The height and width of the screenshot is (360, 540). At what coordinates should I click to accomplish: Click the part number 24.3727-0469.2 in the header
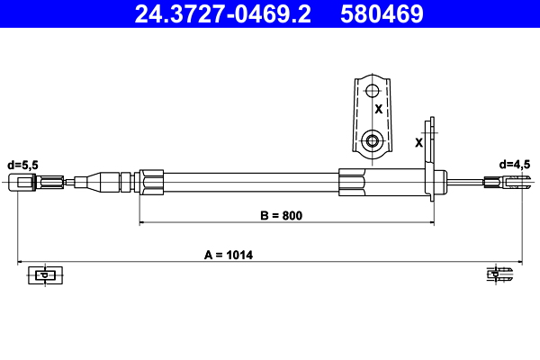point(223,14)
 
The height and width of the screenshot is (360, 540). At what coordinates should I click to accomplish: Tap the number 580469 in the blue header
point(382,14)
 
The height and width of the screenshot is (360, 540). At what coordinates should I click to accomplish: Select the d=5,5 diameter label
point(22,166)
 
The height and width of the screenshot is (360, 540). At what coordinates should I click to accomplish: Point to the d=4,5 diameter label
point(515,165)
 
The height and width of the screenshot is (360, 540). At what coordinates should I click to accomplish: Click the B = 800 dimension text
point(282,216)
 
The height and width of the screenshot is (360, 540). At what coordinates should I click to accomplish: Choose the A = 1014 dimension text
point(229,256)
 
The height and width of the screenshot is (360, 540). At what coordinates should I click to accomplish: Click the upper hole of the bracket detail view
point(372,91)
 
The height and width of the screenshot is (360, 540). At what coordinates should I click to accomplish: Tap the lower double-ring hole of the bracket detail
point(372,140)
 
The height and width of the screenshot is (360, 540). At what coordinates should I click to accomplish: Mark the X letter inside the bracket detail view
point(379,109)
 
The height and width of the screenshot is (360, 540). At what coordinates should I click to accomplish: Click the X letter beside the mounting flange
point(418,142)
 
